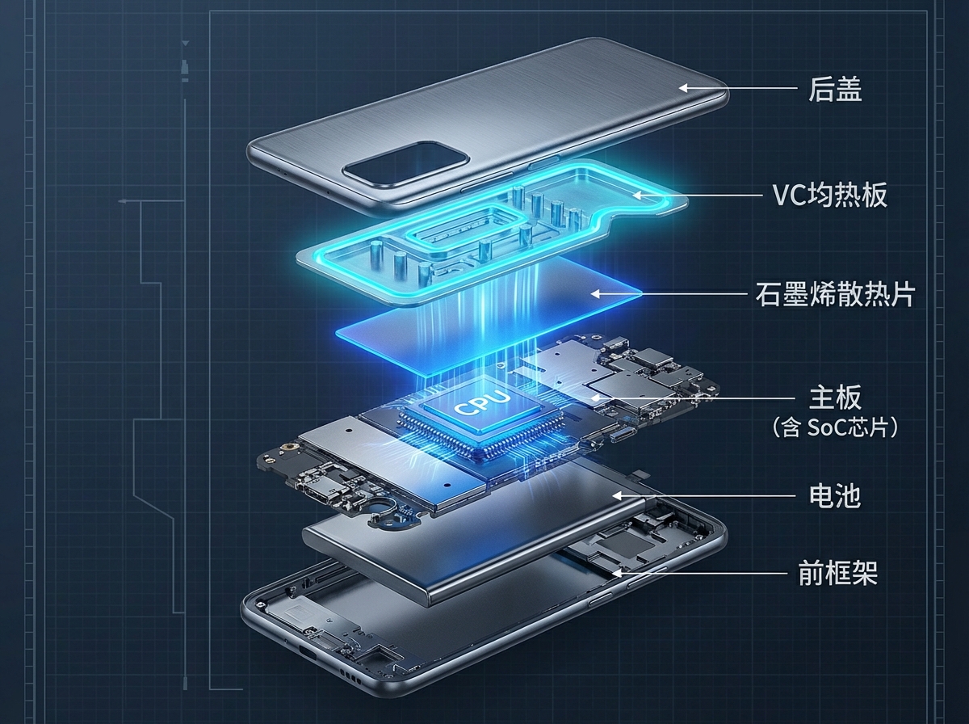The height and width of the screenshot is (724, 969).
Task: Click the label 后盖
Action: [x=835, y=89]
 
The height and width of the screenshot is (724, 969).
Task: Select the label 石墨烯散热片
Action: [x=834, y=295]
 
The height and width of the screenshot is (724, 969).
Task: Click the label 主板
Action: [x=835, y=398]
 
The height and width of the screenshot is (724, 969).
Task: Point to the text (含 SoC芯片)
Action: [x=835, y=427]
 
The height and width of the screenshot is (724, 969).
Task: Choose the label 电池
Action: [x=835, y=495]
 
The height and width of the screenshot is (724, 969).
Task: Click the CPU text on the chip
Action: [x=482, y=402]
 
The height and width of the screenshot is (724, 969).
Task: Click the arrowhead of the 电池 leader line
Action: [x=615, y=495]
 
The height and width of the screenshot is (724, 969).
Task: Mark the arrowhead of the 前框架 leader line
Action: [x=615, y=573]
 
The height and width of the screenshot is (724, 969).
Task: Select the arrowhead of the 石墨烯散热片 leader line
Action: [x=594, y=295]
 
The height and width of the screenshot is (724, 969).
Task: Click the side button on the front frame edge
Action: [x=602, y=599]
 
